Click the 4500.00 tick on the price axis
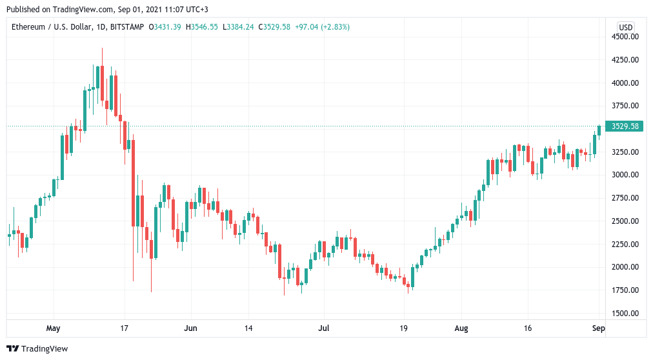pyautogui.click(x=625, y=37)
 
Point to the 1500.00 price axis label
pyautogui.click(x=625, y=314)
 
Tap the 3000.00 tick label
pyautogui.click(x=625, y=175)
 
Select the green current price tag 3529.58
pyautogui.click(x=624, y=126)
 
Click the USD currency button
pyautogui.click(x=625, y=28)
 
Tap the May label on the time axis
pyautogui.click(x=54, y=328)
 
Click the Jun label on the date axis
pyautogui.click(x=190, y=328)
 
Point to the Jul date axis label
pyautogui.click(x=323, y=328)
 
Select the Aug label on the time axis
pyautogui.click(x=461, y=328)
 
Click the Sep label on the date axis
pyautogui.click(x=598, y=328)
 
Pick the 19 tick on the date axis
pyautogui.click(x=403, y=328)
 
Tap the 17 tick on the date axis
pyautogui.click(x=124, y=328)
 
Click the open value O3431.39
pyautogui.click(x=165, y=27)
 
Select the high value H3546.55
pyautogui.click(x=201, y=27)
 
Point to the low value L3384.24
pyautogui.click(x=238, y=27)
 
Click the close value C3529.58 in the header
pyautogui.click(x=274, y=27)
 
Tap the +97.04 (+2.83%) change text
pyautogui.click(x=323, y=27)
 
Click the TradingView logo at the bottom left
pyautogui.click(x=37, y=349)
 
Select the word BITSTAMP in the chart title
pyautogui.click(x=127, y=27)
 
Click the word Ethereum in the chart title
pyautogui.click(x=28, y=27)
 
